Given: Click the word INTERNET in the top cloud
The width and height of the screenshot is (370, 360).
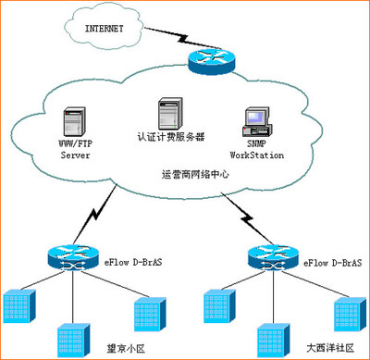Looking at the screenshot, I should (x=105, y=28).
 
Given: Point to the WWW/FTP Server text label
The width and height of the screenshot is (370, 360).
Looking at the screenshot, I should (x=74, y=150).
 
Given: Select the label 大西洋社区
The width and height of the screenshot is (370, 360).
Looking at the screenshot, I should (x=329, y=350).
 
